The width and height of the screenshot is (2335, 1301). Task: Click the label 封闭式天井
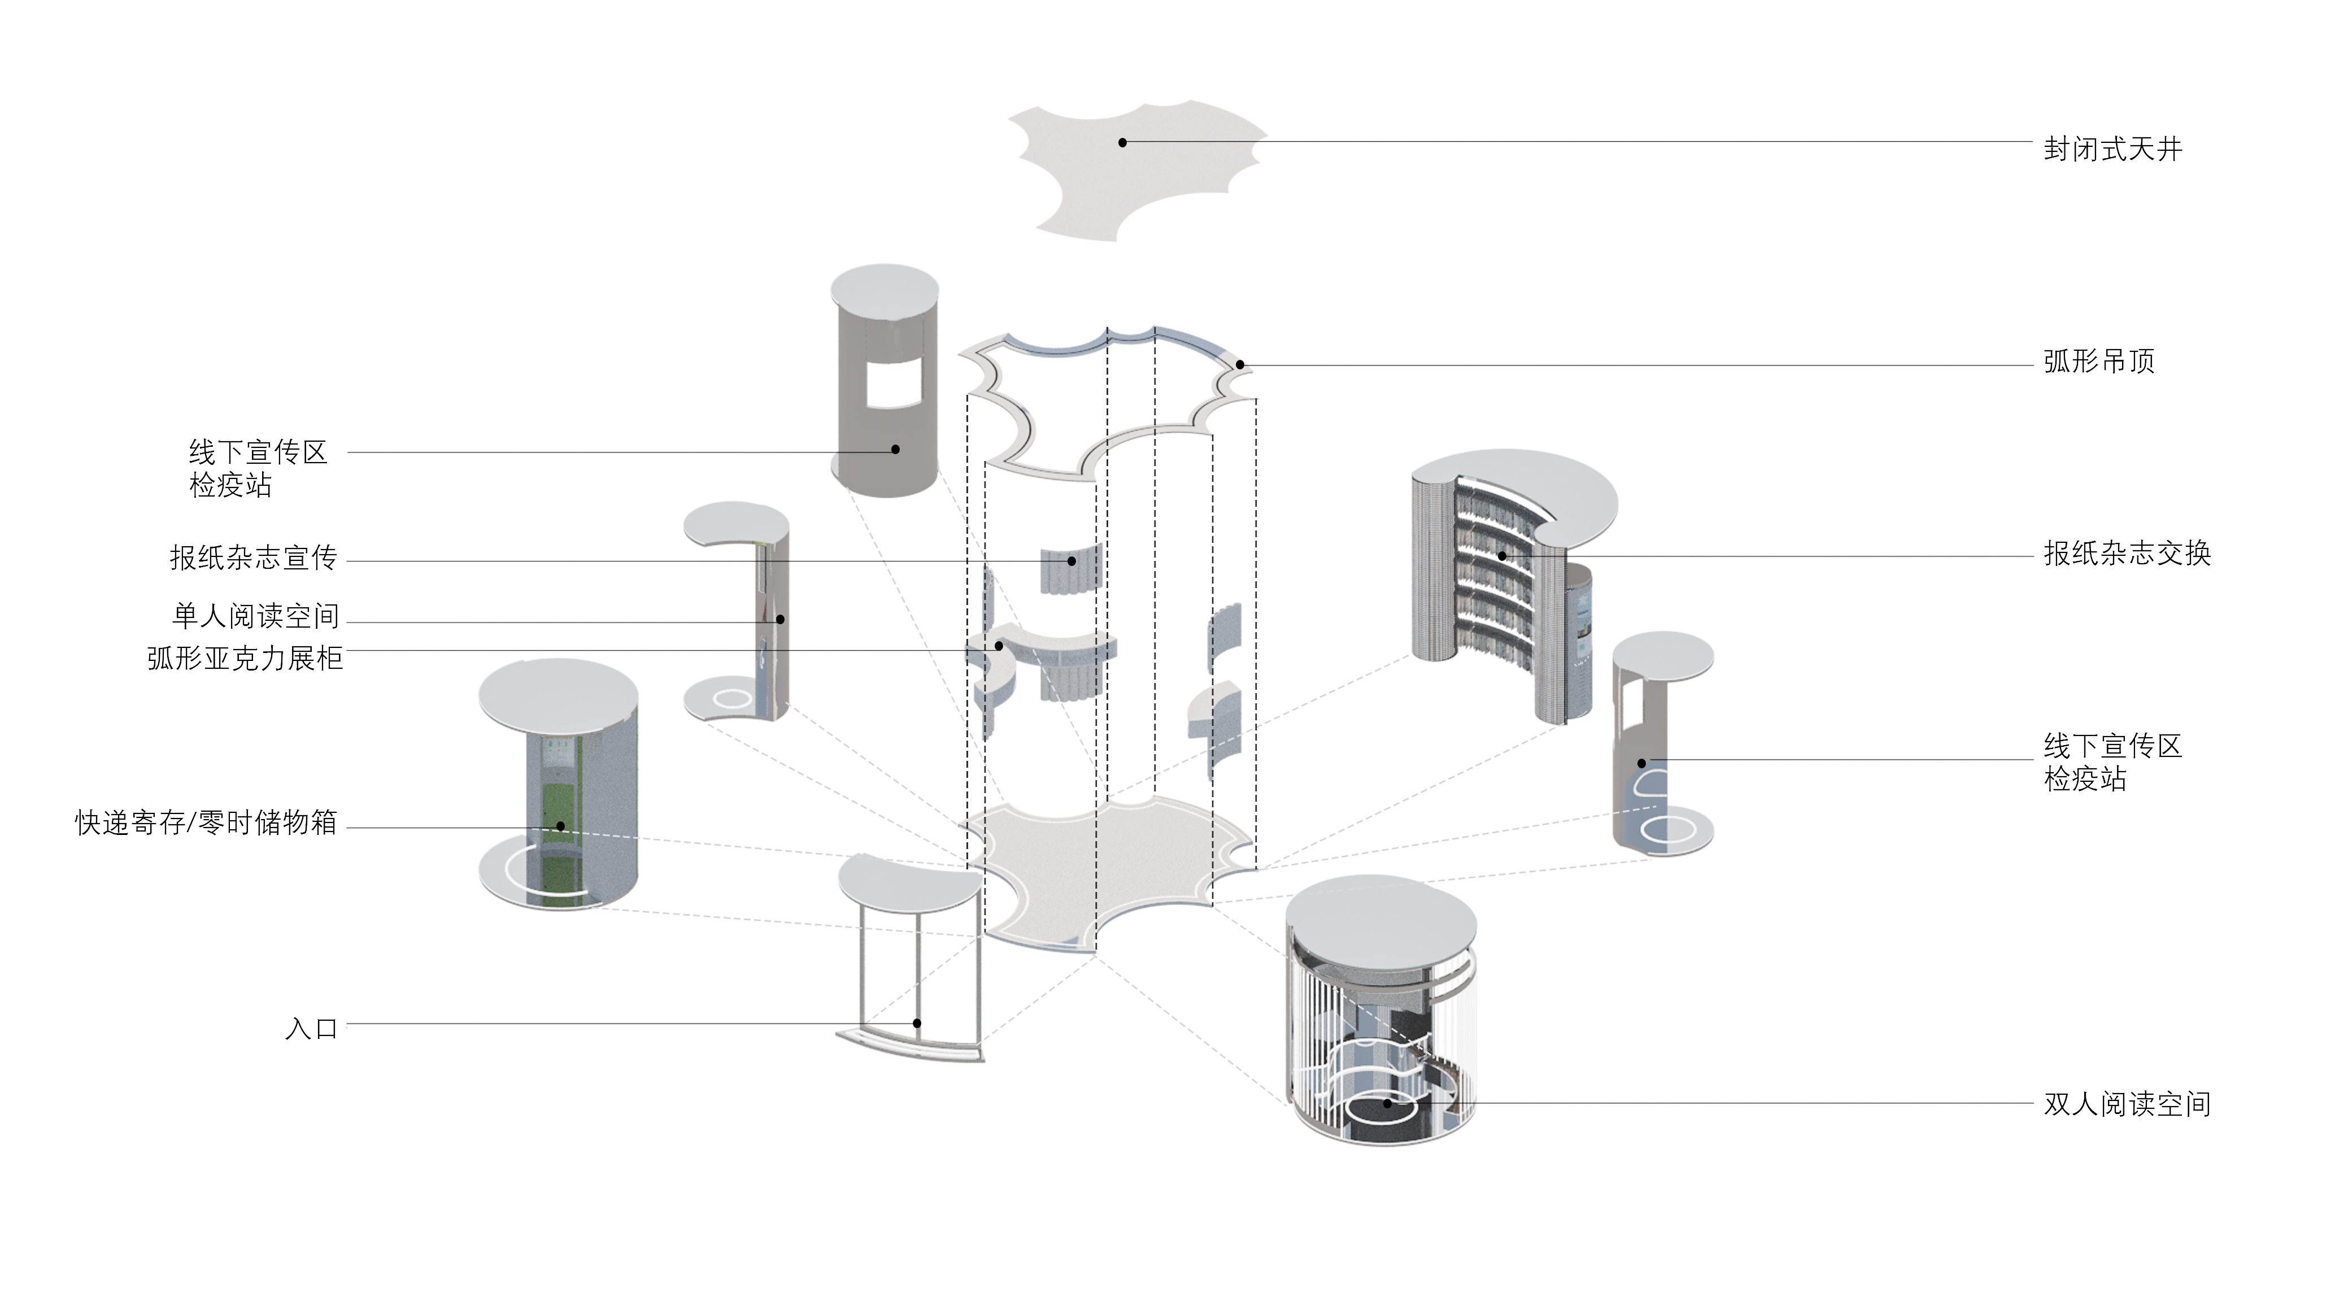click(2111, 149)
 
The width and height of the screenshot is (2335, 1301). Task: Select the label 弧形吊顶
click(2098, 362)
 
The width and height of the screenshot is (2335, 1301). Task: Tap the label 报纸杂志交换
click(2127, 553)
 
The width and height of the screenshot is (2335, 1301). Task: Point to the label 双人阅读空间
click(2127, 1104)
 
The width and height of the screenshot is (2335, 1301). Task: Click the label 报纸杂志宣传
click(253, 558)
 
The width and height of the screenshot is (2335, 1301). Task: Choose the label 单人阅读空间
click(256, 616)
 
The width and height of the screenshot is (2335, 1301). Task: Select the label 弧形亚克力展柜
click(245, 658)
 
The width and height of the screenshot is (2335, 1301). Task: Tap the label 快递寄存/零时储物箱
click(206, 823)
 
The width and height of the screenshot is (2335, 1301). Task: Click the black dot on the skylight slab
click(1122, 142)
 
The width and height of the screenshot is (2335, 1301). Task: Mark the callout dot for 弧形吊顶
click(1240, 364)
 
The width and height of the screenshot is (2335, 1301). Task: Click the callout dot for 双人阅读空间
click(1387, 1103)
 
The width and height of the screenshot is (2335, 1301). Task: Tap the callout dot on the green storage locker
click(560, 826)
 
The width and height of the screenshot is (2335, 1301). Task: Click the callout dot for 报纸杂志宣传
click(1071, 561)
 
